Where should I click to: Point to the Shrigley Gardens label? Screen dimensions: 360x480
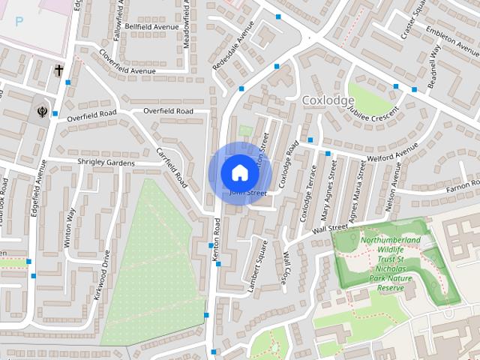106,163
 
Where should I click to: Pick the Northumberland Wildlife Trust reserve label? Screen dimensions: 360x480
389,264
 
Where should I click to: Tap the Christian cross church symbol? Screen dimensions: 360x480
58,70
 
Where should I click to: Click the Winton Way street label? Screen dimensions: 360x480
70,227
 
